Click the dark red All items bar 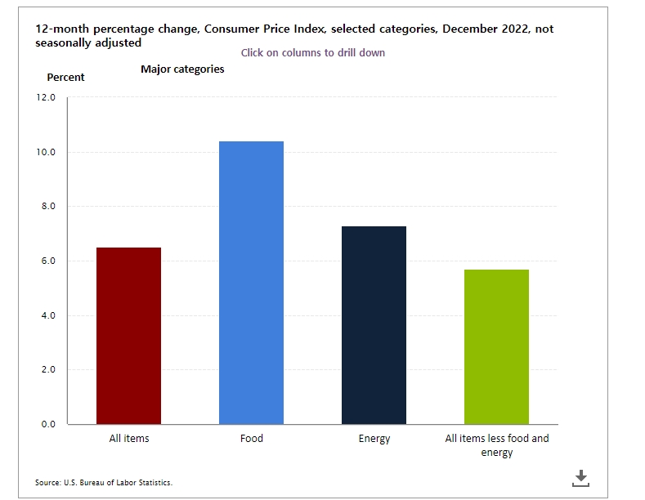click(129, 335)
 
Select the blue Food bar click(252, 283)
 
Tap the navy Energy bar click(374, 325)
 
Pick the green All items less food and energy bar click(497, 346)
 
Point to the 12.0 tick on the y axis click(47, 97)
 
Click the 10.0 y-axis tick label click(47, 152)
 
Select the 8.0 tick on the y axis click(47, 207)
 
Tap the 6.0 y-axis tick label click(47, 261)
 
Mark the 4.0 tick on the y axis click(47, 315)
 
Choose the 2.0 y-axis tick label click(47, 370)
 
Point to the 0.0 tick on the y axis click(47, 424)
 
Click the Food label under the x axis click(252, 439)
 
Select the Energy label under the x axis click(374, 439)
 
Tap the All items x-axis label click(129, 439)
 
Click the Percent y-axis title click(65, 78)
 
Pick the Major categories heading click(182, 69)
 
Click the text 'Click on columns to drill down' click(313, 52)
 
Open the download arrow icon click(580, 478)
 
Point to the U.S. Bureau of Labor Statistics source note click(104, 482)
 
